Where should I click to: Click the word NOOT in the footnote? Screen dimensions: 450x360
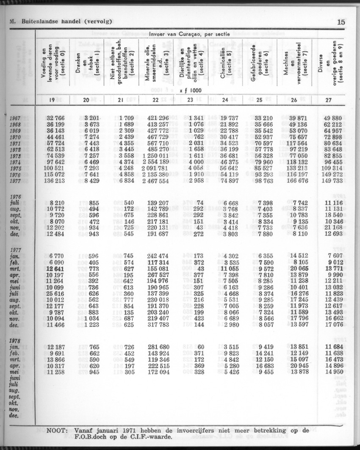56,431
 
